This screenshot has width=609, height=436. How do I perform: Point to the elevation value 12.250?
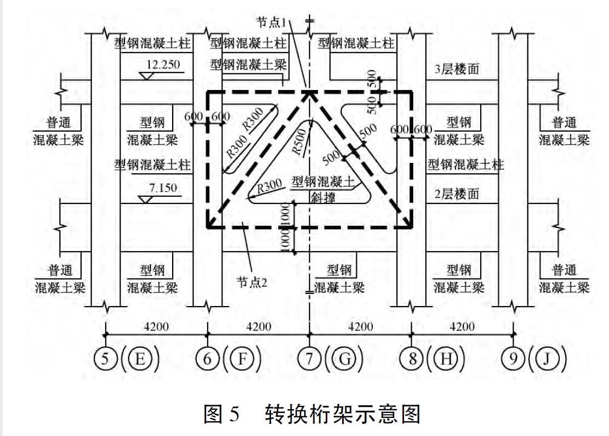(x=162, y=65)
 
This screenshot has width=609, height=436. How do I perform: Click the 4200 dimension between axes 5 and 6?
(x=156, y=327)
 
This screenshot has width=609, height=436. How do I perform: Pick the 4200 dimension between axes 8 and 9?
(x=462, y=327)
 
